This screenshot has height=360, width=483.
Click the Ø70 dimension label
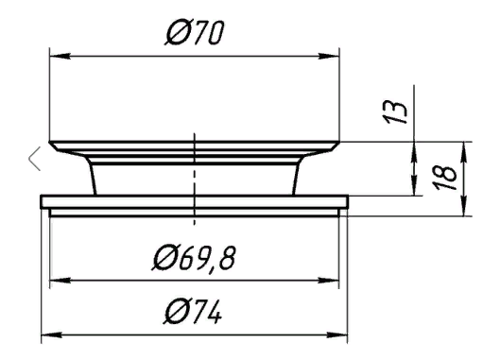(195, 32)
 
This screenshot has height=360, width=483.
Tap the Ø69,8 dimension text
(194, 258)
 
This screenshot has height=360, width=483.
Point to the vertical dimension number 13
(394, 112)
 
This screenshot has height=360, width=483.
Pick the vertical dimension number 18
(445, 178)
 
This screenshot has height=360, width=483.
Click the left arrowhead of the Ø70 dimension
(60, 57)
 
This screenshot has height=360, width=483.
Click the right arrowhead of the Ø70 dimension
(329, 57)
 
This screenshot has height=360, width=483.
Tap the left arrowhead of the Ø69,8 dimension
(60, 280)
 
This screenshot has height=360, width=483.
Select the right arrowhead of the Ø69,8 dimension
(329, 280)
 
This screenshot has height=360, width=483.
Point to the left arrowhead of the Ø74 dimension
(52, 334)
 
